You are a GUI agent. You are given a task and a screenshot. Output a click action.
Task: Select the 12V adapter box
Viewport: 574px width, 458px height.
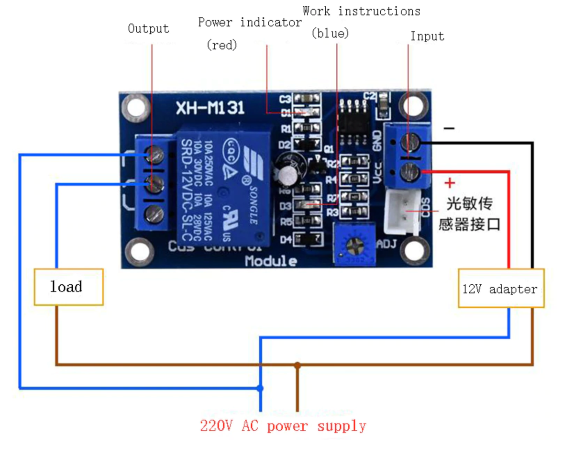click(501, 288)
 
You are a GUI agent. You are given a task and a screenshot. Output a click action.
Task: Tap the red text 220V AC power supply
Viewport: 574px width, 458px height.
click(283, 425)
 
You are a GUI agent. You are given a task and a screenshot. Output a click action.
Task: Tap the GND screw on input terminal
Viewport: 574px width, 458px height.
click(410, 142)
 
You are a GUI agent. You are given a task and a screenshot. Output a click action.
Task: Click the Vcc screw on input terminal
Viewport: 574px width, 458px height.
click(410, 171)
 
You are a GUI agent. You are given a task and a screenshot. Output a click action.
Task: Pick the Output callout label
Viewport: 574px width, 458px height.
click(148, 29)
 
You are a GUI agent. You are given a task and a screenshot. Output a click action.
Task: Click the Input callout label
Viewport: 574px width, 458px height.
click(427, 36)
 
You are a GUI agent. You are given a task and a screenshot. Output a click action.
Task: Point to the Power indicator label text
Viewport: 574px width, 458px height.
click(250, 23)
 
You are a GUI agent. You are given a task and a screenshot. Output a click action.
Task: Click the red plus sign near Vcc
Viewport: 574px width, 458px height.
click(449, 183)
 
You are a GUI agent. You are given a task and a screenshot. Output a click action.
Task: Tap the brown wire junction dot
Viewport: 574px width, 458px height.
click(298, 365)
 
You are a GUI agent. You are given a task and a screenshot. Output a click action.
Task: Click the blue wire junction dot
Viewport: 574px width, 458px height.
click(260, 387)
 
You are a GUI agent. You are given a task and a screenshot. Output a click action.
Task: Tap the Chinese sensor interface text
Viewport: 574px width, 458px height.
click(469, 214)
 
